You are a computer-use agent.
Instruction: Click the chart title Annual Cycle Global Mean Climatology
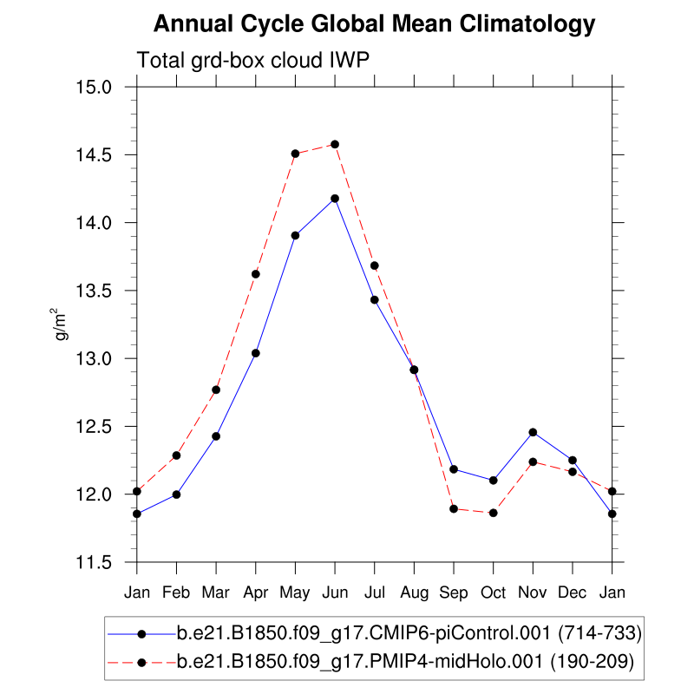375,24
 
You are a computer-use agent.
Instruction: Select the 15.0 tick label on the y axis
95,88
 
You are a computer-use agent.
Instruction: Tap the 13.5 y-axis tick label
95,291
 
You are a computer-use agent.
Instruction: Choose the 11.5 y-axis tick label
95,563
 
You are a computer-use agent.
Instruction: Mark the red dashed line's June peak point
335,144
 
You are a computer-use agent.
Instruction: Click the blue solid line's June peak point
335,199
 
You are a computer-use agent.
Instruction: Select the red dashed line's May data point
295,154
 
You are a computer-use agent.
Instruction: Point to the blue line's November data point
533,432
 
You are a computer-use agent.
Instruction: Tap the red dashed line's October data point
493,513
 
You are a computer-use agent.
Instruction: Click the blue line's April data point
256,353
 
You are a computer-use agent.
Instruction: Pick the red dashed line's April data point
256,274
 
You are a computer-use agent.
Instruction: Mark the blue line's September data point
454,469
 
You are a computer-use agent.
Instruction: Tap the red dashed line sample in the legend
141,663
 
